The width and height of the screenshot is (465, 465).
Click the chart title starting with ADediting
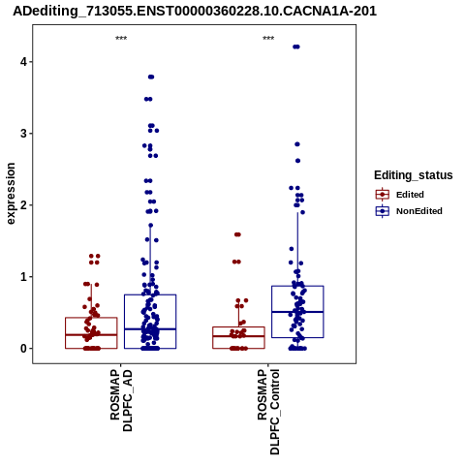coord(195,11)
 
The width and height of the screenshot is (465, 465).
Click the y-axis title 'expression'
coord(11,194)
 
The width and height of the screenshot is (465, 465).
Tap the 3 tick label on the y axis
coord(23,134)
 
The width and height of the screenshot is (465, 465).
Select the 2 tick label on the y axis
coord(23,205)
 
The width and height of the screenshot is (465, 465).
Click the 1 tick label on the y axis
coord(23,277)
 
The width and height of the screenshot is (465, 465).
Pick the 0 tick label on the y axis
coord(23,349)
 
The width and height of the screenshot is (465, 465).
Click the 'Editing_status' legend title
coord(414,175)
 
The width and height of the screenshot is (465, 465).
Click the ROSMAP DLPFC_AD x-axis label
coord(121,400)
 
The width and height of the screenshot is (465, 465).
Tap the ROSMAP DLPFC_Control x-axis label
coord(268,412)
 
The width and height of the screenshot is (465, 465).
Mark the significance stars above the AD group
coord(121,38)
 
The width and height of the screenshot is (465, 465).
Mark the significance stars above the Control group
coord(268,38)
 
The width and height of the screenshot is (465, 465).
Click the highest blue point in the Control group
coord(296,46)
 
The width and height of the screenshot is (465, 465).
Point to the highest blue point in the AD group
coord(151,77)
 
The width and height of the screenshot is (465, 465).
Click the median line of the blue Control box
coord(297,312)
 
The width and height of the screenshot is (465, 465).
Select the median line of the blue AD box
coord(150,328)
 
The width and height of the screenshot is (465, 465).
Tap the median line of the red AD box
coord(91,335)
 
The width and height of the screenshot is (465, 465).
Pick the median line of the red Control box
coord(238,336)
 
